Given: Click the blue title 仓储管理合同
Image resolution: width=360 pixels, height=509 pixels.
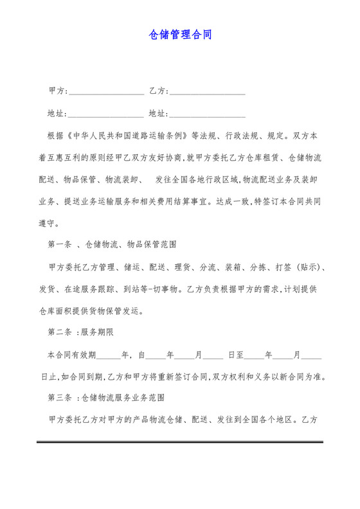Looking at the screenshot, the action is [x=180, y=34].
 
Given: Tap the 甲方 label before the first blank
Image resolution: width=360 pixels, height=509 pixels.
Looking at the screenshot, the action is [x=56, y=91].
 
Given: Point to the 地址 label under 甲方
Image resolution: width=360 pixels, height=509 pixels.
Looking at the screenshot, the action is [x=56, y=114].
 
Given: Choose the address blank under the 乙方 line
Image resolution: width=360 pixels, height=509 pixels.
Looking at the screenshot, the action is [x=207, y=116].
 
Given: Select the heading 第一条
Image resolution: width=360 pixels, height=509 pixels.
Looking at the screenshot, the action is [x=60, y=245].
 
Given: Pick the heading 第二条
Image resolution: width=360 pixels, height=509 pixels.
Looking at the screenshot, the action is [x=60, y=333].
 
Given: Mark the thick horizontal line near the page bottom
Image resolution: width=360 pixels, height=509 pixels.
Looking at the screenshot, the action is [x=179, y=442].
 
